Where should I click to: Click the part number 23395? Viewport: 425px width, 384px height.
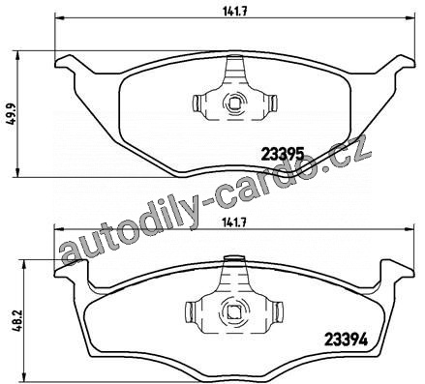(283, 154)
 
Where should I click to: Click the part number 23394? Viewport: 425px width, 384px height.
(346, 340)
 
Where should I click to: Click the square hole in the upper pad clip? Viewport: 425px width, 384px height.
(234, 103)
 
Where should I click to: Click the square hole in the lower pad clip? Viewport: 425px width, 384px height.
(232, 310)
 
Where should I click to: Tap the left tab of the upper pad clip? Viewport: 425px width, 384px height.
(197, 103)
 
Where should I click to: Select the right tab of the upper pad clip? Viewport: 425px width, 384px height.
(273, 103)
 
